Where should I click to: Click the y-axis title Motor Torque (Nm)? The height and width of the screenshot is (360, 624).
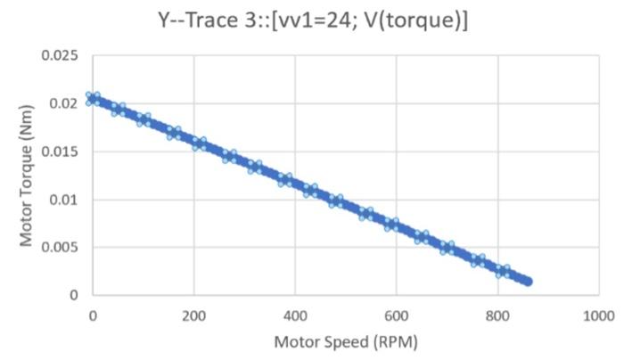(x=26, y=176)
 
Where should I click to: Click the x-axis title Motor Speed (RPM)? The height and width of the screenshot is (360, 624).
(x=345, y=342)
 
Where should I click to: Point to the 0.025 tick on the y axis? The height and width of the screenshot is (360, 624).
(x=60, y=56)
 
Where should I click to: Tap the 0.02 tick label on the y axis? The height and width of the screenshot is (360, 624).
(x=64, y=104)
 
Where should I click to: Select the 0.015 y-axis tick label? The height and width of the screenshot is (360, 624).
(x=60, y=151)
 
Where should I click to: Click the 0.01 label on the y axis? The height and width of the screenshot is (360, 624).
(x=64, y=200)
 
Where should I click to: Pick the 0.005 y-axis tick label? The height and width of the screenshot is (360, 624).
(x=60, y=247)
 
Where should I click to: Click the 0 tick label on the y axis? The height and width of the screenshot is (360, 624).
(x=74, y=295)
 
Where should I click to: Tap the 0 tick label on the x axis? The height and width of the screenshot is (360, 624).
(x=92, y=315)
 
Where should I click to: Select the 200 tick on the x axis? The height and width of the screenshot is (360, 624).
(x=193, y=315)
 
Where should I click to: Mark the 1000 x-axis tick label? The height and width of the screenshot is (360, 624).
(x=598, y=315)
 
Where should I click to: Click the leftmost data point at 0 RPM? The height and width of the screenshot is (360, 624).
(x=92, y=99)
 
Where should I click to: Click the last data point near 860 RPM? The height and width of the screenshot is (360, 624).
(x=528, y=282)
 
